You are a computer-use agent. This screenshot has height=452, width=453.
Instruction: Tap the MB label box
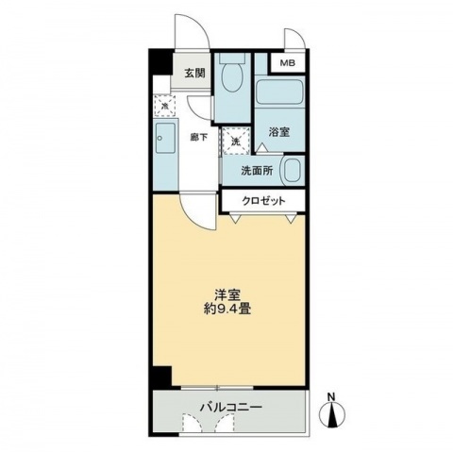284,64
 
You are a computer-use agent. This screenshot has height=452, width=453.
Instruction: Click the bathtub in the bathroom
279,92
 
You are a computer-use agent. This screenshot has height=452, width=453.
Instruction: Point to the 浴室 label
278,131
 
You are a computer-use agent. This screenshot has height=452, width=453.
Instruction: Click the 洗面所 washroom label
256,172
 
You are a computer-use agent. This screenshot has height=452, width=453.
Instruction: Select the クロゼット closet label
263,201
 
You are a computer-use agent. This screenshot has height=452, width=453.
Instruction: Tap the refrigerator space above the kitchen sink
163,106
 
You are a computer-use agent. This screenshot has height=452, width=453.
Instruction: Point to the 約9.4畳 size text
226,309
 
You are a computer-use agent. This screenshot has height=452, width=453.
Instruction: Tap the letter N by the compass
330,394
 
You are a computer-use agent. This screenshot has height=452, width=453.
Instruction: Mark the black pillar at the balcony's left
162,376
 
